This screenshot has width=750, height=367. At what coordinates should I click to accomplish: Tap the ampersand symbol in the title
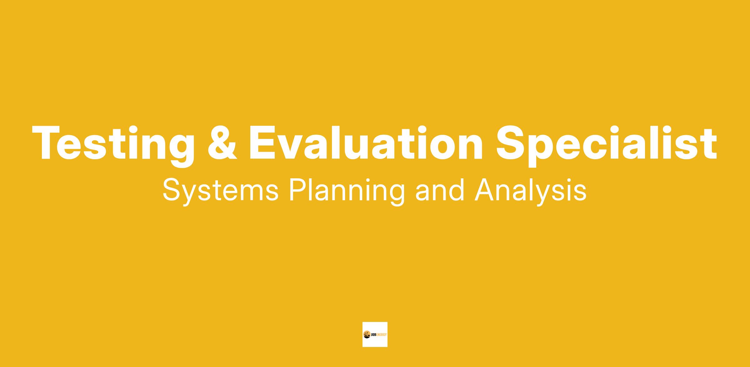[x=222, y=143]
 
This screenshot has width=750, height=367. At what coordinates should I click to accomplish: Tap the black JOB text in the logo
[x=374, y=335]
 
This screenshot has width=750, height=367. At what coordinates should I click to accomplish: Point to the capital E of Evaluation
[x=262, y=143]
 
